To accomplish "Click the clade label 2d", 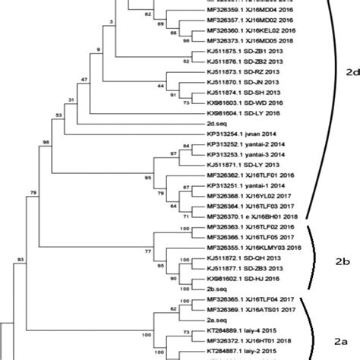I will pos(352,72).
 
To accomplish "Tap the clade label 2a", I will pos(342,342).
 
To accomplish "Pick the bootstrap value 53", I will pos(58,115).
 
